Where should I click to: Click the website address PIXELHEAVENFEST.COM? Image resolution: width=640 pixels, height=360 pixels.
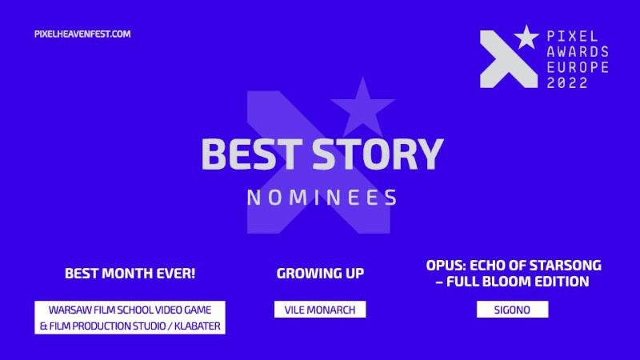(82, 34)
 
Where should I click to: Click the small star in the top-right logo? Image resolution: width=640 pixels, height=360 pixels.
(526, 37)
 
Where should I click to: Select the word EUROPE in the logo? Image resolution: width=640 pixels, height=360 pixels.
(575, 68)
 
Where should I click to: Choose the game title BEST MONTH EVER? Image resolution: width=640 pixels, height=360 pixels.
(130, 274)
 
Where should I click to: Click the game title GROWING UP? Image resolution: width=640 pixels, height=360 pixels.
(320, 274)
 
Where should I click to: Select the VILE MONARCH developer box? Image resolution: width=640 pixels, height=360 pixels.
(320, 310)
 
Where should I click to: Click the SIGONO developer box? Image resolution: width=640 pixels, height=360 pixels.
(512, 310)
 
